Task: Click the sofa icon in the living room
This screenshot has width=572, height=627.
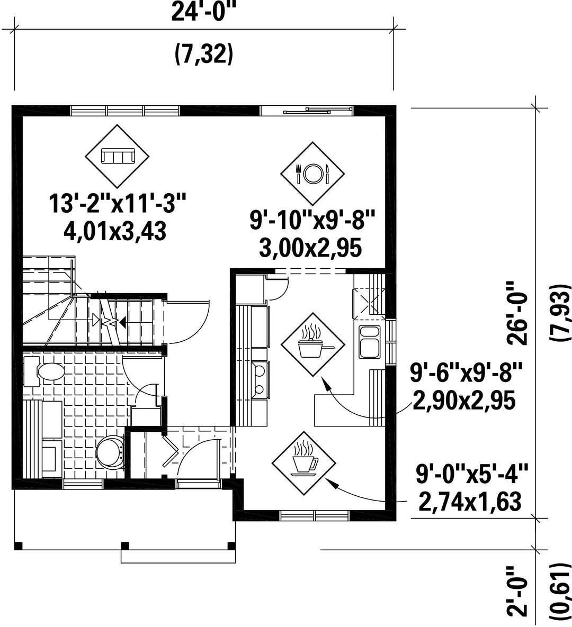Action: (117, 156)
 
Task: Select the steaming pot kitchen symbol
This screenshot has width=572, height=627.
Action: (312, 344)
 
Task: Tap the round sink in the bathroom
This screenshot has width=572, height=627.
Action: (110, 451)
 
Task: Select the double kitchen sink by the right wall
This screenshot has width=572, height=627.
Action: (370, 342)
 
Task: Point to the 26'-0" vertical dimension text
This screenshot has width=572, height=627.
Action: (517, 313)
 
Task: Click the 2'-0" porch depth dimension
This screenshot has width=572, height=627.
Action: (517, 591)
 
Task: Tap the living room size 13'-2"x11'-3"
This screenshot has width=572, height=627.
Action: (118, 204)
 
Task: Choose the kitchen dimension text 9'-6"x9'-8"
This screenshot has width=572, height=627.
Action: (467, 374)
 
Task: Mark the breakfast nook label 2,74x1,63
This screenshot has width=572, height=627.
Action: (470, 502)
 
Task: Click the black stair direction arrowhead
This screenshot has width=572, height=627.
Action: (122, 322)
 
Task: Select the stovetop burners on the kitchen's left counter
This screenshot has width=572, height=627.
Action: (260, 378)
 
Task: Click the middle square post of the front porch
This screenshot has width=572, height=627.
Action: (126, 546)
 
